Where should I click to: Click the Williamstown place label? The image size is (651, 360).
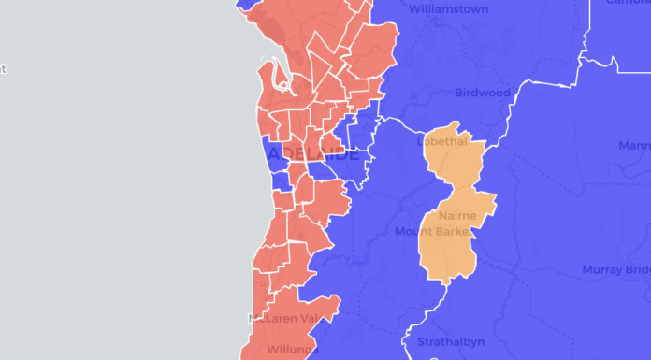pyautogui.click(x=448, y=9)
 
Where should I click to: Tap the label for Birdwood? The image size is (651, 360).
pyautogui.click(x=483, y=93)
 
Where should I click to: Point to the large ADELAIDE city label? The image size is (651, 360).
pyautogui.click(x=312, y=153)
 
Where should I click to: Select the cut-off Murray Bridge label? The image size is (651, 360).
pyautogui.click(x=615, y=270)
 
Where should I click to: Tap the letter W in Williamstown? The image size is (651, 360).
pyautogui.click(x=415, y=9)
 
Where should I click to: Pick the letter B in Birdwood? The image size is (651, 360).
pyautogui.click(x=458, y=93)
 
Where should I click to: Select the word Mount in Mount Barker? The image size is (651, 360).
pyautogui.click(x=410, y=232)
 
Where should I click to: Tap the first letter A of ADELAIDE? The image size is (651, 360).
pyautogui.click(x=273, y=153)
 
